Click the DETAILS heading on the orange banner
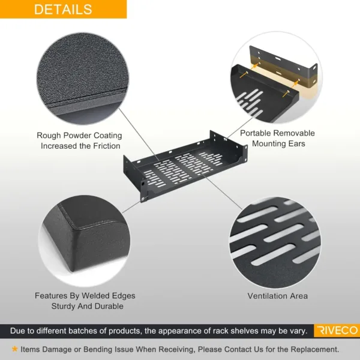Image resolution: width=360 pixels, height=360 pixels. [63, 10]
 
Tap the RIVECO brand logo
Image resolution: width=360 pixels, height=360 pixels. [337, 331]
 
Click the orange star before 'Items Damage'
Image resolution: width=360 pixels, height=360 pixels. [14, 349]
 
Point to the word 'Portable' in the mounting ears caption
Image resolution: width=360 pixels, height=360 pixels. [256, 133]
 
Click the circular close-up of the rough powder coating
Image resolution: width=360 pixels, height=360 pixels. [83, 78]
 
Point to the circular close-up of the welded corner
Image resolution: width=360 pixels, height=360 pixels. [84, 241]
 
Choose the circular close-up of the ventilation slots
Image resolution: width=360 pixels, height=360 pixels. [275, 243]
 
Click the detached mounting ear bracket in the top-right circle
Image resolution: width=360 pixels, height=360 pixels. [284, 65]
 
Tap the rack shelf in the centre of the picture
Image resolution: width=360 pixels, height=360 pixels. [185, 166]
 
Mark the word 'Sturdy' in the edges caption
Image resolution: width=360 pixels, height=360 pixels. [63, 306]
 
